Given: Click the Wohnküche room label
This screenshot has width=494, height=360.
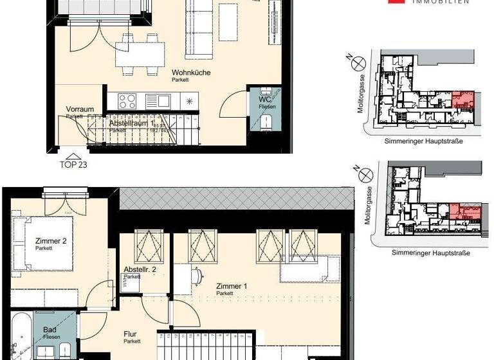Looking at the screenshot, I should click(x=191, y=73).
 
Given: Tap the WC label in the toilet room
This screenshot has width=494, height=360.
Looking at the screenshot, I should click(x=264, y=100).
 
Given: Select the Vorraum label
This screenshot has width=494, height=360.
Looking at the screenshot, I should click(x=77, y=109).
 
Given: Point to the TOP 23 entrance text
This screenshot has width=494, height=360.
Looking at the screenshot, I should click(x=74, y=164).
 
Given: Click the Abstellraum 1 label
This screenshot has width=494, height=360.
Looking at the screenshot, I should click(x=131, y=122).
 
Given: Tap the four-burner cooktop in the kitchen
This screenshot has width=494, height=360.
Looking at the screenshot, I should click(x=126, y=101).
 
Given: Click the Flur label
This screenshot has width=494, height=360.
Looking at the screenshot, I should click(x=131, y=334).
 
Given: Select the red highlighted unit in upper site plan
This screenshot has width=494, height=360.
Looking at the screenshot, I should click(x=463, y=101).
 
